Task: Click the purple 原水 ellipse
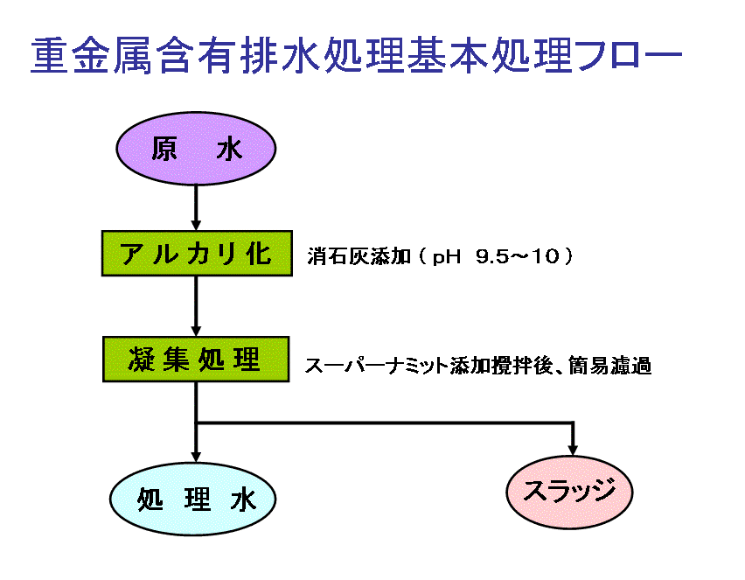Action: coord(196,149)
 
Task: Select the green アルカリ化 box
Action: coord(197,254)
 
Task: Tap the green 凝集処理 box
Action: coord(196,360)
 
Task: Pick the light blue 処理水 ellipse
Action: coord(193,500)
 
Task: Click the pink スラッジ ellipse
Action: coord(569,492)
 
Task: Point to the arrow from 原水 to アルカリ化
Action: coord(196,207)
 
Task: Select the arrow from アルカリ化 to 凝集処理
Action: coord(196,307)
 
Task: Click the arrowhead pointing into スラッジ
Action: coord(573,450)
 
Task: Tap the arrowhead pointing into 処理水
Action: coord(196,457)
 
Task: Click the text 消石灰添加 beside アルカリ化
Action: coord(359,256)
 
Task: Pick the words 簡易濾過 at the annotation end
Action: coord(609,366)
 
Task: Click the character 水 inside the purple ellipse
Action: coord(229,149)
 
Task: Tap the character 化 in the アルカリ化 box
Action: coord(260,254)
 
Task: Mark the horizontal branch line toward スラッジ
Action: coord(385,423)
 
